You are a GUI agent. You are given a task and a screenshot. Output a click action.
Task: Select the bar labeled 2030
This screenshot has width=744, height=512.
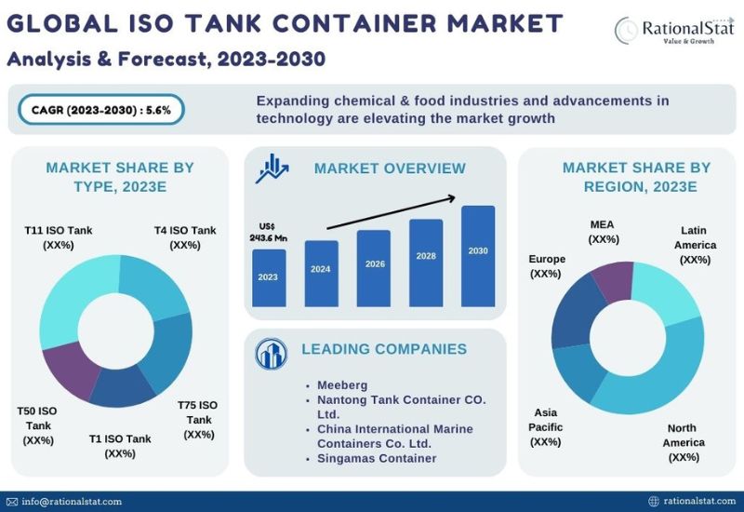(x=478, y=256)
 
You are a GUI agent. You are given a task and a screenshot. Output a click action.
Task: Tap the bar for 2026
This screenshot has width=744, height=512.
(x=374, y=268)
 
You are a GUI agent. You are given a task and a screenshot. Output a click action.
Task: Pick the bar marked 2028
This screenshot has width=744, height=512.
(x=426, y=263)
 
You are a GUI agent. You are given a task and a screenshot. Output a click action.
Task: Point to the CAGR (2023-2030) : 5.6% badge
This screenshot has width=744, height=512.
(x=100, y=110)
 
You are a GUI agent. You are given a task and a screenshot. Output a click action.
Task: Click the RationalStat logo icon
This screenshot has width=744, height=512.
(x=628, y=29)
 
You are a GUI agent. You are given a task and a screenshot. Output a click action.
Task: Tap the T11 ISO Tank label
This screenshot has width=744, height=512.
(x=58, y=237)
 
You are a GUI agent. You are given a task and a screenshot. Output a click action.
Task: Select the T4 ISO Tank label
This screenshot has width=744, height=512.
(x=185, y=237)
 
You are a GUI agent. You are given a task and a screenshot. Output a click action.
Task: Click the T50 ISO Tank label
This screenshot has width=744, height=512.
(x=38, y=425)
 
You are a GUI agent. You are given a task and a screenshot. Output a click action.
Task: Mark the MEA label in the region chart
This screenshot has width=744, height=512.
(x=603, y=232)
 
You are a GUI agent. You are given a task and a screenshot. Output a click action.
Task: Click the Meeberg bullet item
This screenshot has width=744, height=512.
(x=342, y=384)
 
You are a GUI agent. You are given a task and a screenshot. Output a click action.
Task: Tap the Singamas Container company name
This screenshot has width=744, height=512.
(x=377, y=458)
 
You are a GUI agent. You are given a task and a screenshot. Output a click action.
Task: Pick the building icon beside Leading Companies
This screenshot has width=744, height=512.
(x=272, y=352)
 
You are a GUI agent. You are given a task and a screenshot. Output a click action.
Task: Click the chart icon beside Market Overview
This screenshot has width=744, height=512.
(x=273, y=168)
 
